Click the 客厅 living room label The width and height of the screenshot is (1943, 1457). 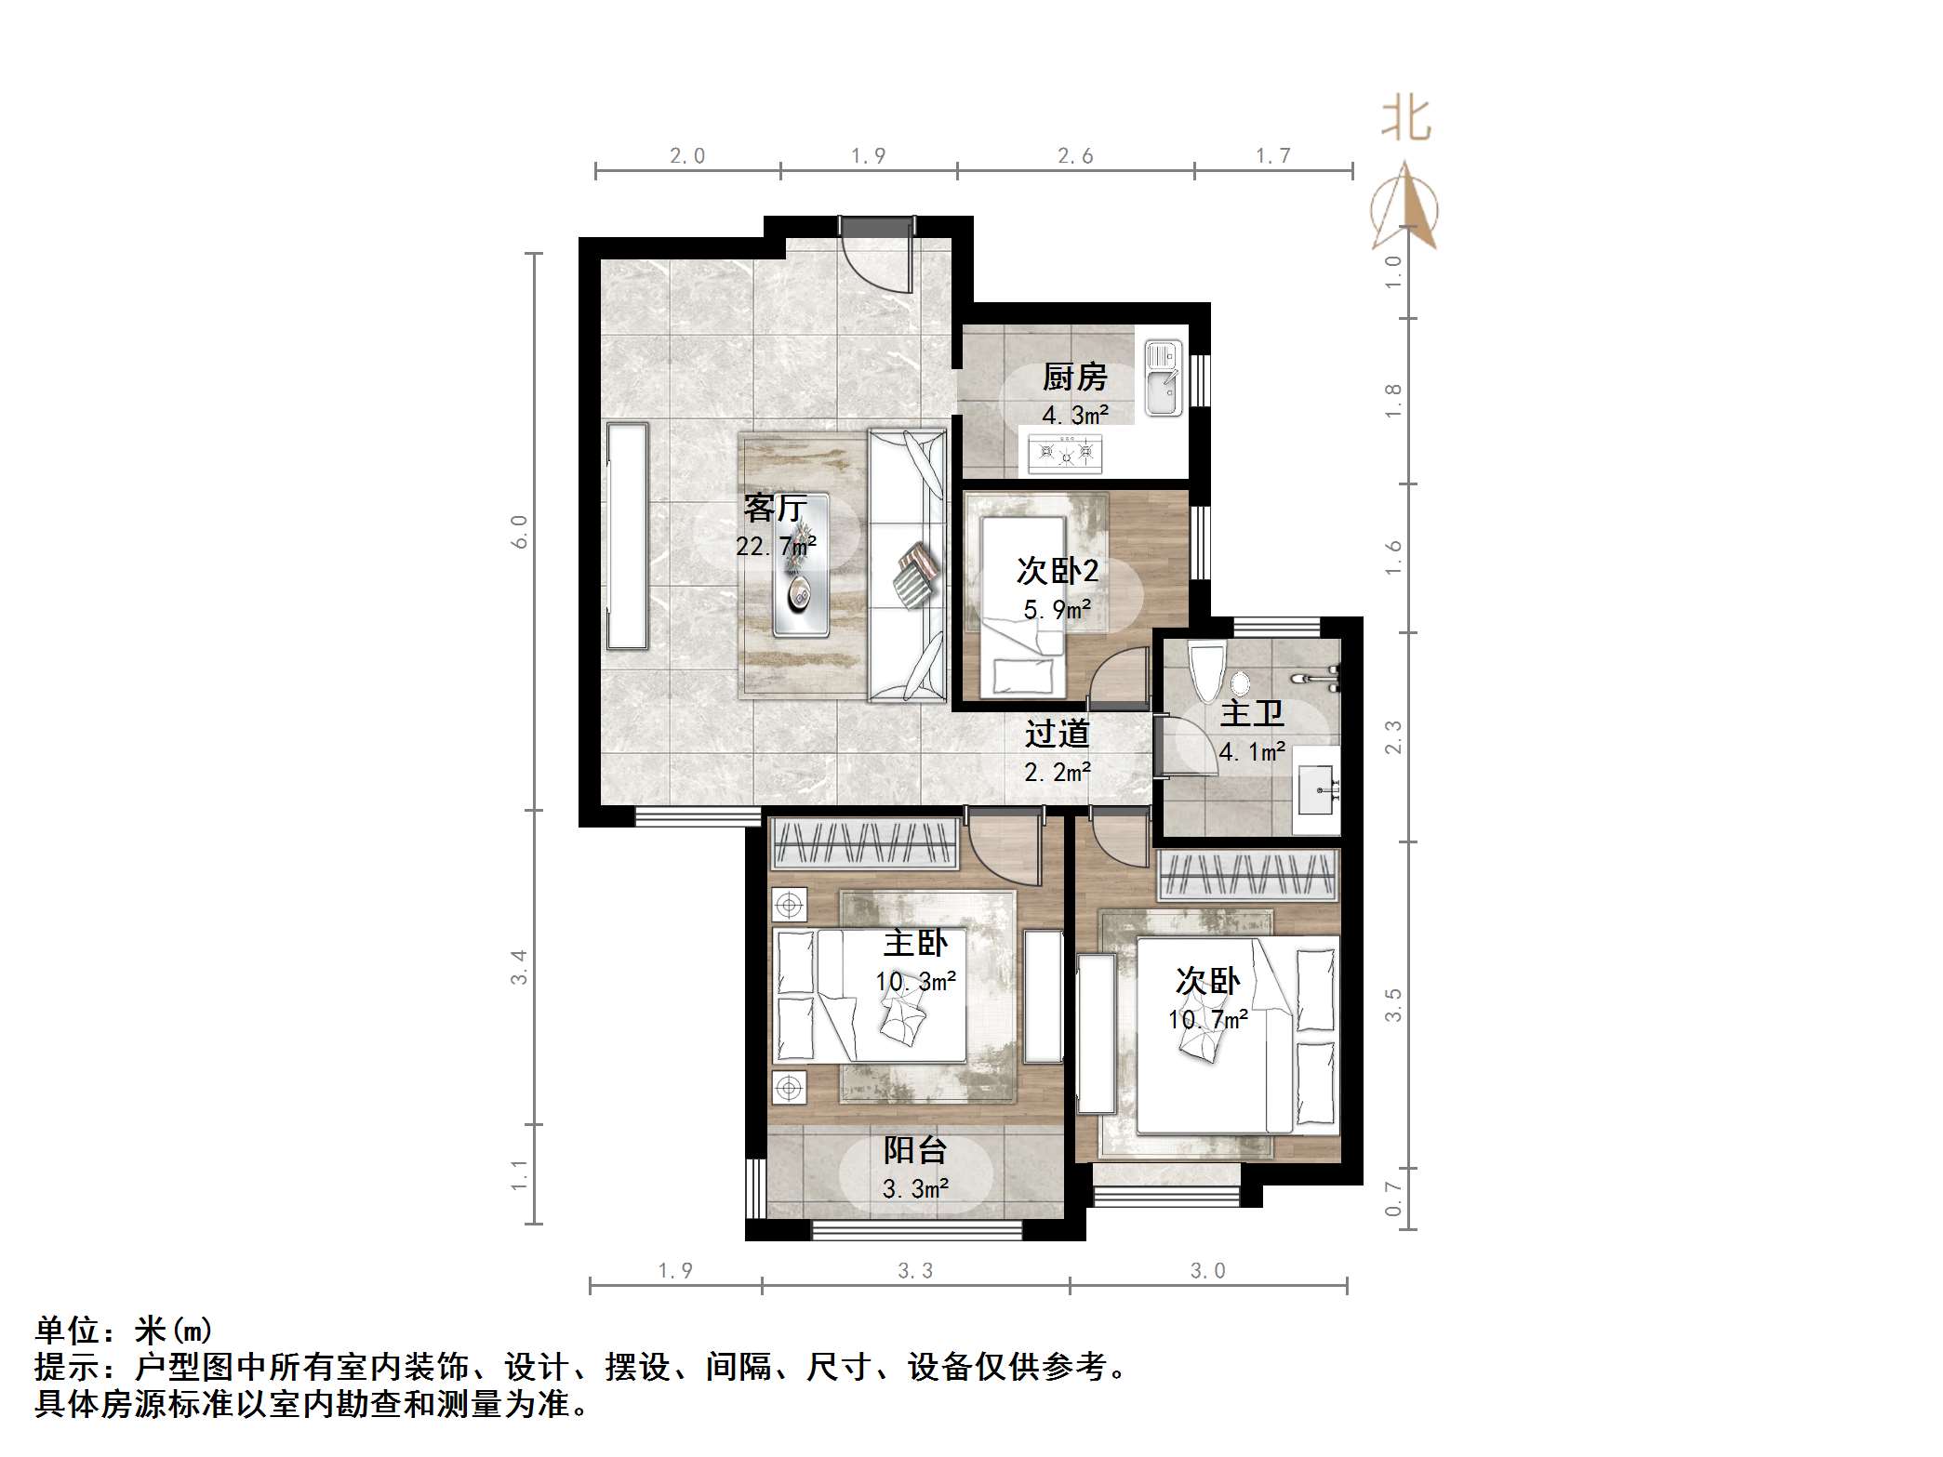coord(775,508)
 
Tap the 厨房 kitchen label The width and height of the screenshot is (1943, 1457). coord(1074,377)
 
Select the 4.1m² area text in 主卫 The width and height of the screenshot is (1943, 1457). coord(1252,751)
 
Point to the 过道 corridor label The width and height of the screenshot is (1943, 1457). coord(1057,734)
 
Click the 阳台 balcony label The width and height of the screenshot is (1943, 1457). coord(915,1150)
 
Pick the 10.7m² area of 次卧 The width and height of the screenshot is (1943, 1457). coord(1207,1019)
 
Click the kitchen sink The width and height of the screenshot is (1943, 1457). coord(1162,377)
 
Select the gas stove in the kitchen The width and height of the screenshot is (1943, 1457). coord(1066,454)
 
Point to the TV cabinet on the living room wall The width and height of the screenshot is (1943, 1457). coord(627,536)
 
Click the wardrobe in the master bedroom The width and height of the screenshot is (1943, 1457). coord(864,843)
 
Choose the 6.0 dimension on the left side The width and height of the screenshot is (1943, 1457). coord(519,531)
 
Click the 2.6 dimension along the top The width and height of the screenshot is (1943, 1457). coord(1074,156)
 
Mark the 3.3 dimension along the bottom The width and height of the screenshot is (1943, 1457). coord(915,1270)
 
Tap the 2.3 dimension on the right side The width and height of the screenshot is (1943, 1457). coord(1392,737)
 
